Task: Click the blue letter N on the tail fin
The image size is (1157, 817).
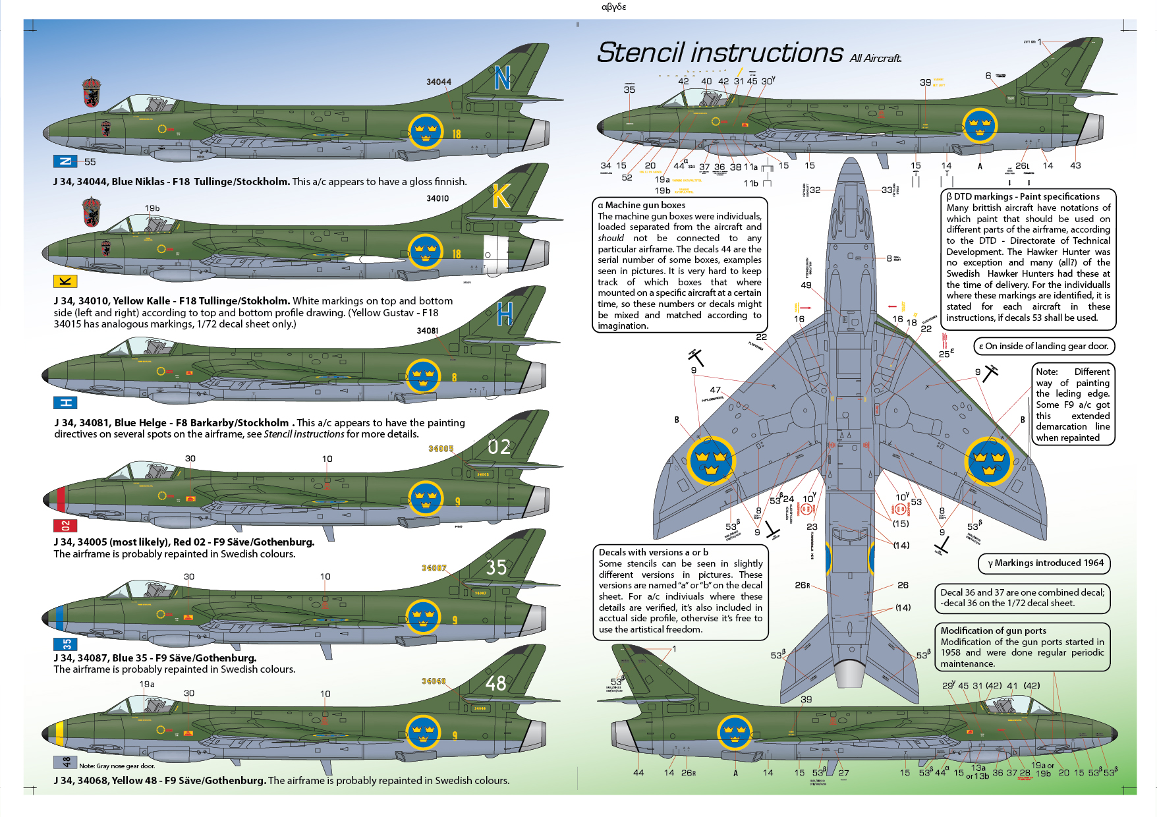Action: pyautogui.click(x=502, y=78)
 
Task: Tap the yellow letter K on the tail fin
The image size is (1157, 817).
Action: pyautogui.click(x=501, y=196)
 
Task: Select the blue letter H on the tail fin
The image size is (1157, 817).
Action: pyautogui.click(x=505, y=314)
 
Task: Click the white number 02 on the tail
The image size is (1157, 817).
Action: pyautogui.click(x=499, y=447)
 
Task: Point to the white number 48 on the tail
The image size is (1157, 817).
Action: pyautogui.click(x=496, y=683)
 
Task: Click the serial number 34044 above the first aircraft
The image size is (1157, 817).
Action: pyautogui.click(x=439, y=82)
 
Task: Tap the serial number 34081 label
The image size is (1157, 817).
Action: pyautogui.click(x=428, y=331)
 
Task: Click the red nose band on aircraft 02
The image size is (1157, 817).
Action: pyautogui.click(x=61, y=499)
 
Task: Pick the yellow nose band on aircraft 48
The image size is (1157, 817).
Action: pyautogui.click(x=59, y=733)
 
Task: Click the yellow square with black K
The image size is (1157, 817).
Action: pyautogui.click(x=65, y=281)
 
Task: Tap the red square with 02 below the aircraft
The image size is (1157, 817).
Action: pyautogui.click(x=65, y=525)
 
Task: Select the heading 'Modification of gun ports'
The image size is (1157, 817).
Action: pyautogui.click(x=993, y=631)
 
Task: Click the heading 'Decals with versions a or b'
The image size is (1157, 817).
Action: pyautogui.click(x=653, y=552)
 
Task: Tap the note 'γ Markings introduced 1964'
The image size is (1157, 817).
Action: pyautogui.click(x=1045, y=563)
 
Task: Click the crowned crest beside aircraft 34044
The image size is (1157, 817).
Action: pyautogui.click(x=92, y=92)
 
